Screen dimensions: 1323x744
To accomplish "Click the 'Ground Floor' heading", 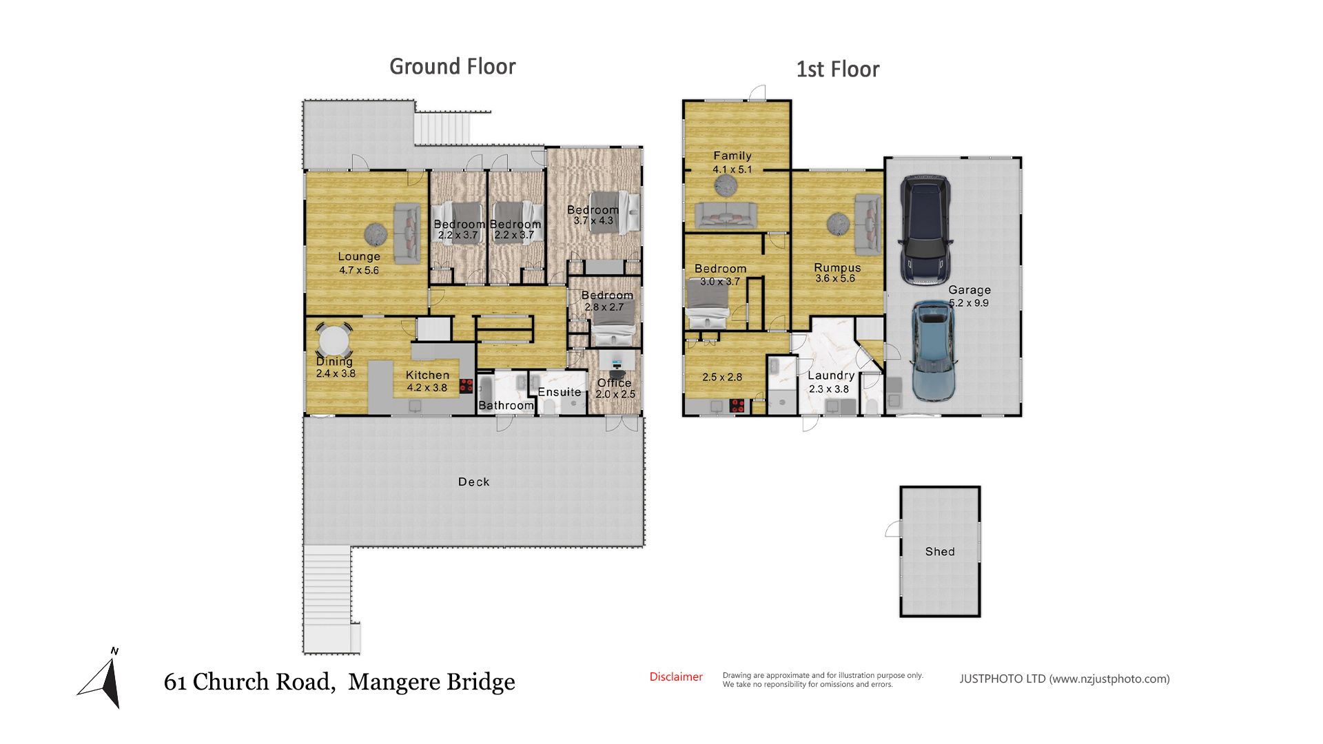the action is [x=453, y=67].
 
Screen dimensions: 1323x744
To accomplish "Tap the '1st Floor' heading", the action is [x=838, y=70].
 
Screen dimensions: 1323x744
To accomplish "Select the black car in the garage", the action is [x=926, y=230].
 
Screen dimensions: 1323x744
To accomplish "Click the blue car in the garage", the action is [x=934, y=351].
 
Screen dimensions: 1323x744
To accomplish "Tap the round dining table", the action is [x=334, y=340].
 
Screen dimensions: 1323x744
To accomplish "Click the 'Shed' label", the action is [x=940, y=552].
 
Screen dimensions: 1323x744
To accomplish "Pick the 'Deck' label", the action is [x=474, y=482].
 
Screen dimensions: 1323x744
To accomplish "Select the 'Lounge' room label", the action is [x=359, y=256].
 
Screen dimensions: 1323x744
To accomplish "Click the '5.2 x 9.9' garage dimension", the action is [x=969, y=303].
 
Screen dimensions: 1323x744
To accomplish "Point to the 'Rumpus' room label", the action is [x=837, y=267].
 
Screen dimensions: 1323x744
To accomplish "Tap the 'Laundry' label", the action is [x=831, y=375].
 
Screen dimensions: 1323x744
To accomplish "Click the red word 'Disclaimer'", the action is [x=676, y=677].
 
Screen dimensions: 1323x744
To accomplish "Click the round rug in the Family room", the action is [x=725, y=185].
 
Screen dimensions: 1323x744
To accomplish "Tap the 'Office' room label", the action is [x=614, y=383].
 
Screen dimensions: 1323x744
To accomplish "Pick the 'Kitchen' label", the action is [x=427, y=375].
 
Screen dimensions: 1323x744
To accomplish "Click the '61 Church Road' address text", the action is [x=250, y=682].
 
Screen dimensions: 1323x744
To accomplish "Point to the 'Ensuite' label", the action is [x=560, y=392].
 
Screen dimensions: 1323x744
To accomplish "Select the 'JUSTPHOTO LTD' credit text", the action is [x=1003, y=679].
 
